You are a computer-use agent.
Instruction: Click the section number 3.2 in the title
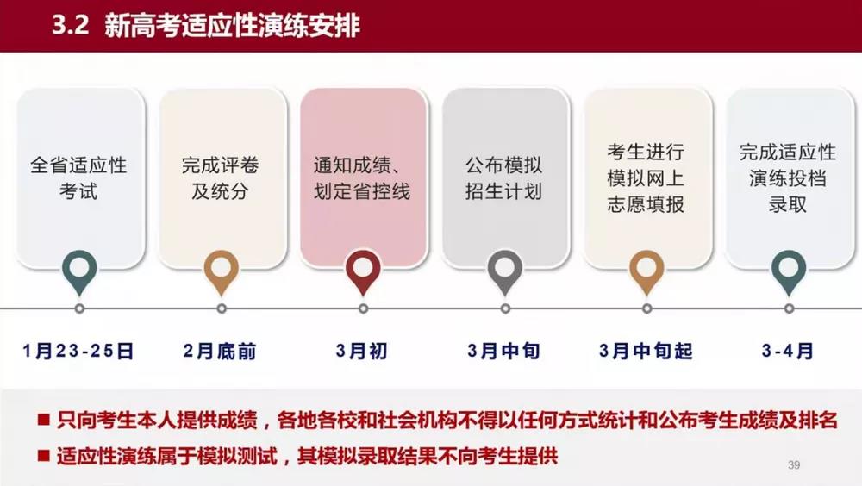(71, 26)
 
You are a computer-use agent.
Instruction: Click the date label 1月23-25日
(78, 351)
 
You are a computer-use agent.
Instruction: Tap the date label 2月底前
(220, 351)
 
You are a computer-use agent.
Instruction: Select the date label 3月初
(362, 351)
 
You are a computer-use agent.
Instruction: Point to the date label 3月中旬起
(646, 351)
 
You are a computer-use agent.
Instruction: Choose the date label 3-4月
(787, 351)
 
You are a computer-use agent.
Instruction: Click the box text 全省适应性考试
(78, 178)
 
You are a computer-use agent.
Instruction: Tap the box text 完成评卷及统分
(220, 178)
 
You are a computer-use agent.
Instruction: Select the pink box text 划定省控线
(362, 190)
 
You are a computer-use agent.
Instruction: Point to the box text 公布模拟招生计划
(504, 178)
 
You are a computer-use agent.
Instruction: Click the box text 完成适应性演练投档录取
(787, 178)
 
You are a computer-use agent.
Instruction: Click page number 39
(794, 465)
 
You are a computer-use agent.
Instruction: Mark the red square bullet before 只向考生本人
(42, 421)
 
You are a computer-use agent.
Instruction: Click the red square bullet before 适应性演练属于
(42, 455)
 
